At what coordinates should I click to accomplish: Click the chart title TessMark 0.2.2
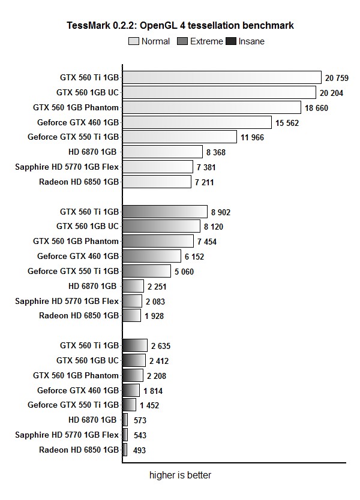pyautogui.click(x=181, y=26)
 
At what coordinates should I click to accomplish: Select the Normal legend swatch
pyautogui.click(x=134, y=41)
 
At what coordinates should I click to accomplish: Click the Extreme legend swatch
pyautogui.click(x=182, y=41)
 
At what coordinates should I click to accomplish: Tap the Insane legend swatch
pyautogui.click(x=230, y=41)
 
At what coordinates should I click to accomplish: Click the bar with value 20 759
pyautogui.click(x=222, y=77)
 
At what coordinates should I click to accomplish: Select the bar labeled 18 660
pyautogui.click(x=211, y=107)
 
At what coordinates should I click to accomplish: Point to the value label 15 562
pyautogui.click(x=287, y=122)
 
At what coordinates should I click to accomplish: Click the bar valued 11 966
pyautogui.click(x=179, y=137)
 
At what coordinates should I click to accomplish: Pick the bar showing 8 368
pyautogui.click(x=162, y=152)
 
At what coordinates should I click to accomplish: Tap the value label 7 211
pyautogui.click(x=204, y=182)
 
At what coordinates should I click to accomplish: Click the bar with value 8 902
pyautogui.click(x=164, y=212)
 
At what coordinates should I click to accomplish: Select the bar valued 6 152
pyautogui.click(x=151, y=257)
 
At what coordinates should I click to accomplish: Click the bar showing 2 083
pyautogui.click(x=132, y=301)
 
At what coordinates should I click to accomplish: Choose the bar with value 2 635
pyautogui.click(x=134, y=345)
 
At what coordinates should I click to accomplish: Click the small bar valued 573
pyautogui.click(x=125, y=420)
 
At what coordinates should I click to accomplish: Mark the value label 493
pyautogui.click(x=139, y=450)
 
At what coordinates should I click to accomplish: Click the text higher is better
pyautogui.click(x=180, y=475)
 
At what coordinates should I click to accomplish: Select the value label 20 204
pyautogui.click(x=332, y=92)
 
